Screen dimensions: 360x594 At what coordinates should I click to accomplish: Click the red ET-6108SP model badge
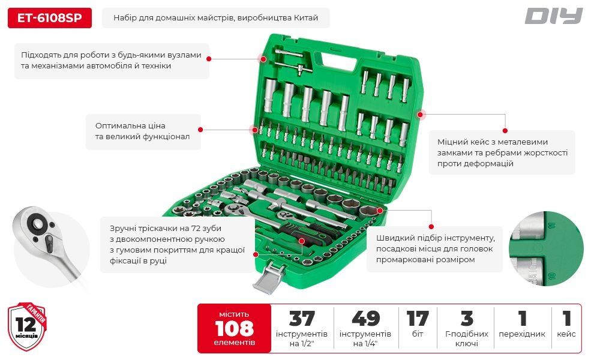point(49,18)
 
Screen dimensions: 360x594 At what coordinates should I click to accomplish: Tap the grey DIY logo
point(553,16)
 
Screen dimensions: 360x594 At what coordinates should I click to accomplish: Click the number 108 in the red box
point(234,328)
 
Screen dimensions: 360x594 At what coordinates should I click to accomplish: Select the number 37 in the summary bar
point(302,319)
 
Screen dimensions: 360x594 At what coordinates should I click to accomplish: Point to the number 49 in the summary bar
point(365,319)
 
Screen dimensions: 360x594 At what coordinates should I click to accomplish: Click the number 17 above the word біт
point(418,319)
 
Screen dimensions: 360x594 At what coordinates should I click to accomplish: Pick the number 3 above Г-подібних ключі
point(467,319)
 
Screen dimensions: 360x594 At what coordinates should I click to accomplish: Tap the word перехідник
point(522,334)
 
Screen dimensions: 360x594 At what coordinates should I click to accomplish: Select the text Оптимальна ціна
point(130,125)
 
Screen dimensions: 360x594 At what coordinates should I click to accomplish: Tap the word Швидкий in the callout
point(394,237)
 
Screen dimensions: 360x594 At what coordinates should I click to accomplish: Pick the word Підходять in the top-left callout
point(43,55)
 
